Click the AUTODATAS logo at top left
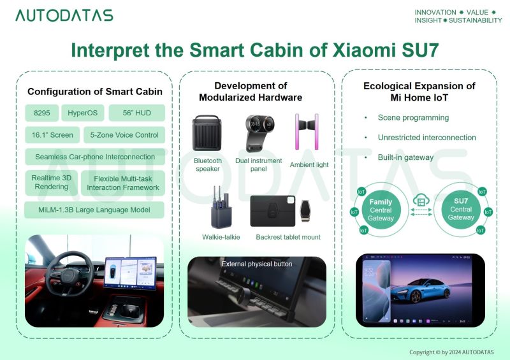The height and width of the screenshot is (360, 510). click(64, 15)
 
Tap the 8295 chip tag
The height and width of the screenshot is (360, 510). click(41, 113)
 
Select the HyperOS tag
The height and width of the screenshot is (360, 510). click(83, 113)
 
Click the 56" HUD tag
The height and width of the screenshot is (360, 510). click(136, 113)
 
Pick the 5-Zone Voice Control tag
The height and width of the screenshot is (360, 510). click(124, 135)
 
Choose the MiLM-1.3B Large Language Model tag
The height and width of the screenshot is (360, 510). click(94, 210)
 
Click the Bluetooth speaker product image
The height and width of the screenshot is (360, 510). click(207, 133)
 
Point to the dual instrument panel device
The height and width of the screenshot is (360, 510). click(259, 133)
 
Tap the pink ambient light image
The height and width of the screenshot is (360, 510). click(307, 131)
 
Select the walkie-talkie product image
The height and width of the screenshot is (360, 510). click(221, 208)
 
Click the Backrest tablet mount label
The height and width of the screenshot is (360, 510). click(288, 237)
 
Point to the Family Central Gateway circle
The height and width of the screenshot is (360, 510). click(381, 210)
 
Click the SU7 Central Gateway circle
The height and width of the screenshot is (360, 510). click(461, 209)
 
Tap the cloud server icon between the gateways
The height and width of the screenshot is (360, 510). click(421, 199)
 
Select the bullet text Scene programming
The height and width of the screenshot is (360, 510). click(413, 117)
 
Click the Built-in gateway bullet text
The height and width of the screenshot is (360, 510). click(405, 157)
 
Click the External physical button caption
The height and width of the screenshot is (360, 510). click(257, 264)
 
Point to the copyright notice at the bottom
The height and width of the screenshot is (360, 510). click(451, 352)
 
